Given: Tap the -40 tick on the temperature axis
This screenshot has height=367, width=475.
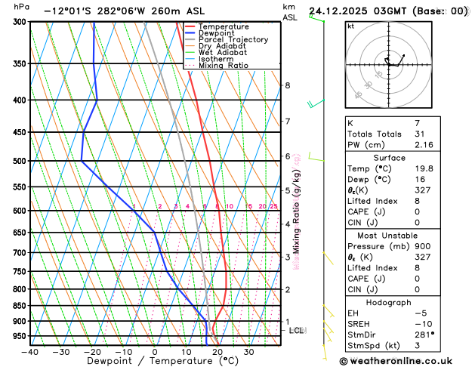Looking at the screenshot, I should [30, 351].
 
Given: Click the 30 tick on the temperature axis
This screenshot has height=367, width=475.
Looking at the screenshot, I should [248, 351].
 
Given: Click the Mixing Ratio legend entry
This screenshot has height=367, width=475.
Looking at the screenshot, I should [224, 65].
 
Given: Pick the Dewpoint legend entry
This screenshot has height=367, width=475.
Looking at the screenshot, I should [215, 33].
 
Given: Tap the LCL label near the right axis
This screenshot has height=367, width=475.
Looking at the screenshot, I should [297, 331].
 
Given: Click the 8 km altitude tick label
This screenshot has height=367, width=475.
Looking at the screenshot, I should [288, 85].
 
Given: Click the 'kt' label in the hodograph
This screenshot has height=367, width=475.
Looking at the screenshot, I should [350, 26].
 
